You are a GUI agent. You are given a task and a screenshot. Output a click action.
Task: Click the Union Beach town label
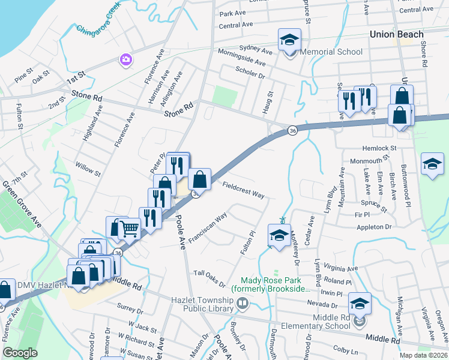[397, 34]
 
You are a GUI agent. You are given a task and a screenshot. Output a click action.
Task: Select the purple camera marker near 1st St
[125, 59]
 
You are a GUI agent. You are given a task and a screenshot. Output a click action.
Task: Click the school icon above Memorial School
[289, 41]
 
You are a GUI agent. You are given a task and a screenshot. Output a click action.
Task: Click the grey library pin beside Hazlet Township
[243, 305]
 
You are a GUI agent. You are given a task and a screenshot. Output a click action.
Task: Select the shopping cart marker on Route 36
[130, 227]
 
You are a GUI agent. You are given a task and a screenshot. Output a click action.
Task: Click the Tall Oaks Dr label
[209, 278]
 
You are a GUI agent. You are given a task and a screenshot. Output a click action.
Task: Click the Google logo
[20, 352]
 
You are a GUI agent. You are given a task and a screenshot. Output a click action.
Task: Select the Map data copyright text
[424, 355]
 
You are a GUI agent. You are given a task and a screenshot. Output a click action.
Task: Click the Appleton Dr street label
[373, 227]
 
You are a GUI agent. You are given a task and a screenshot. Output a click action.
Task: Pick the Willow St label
[86, 167]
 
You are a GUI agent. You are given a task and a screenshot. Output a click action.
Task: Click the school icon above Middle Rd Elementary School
[360, 304]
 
